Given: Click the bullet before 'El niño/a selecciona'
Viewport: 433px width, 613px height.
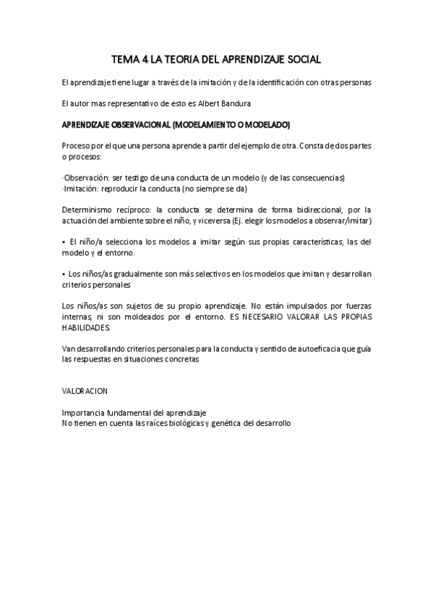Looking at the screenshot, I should [x=64, y=241].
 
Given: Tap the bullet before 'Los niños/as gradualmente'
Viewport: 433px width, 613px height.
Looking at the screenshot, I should [x=64, y=274].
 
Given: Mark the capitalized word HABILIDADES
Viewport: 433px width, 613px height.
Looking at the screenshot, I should [x=87, y=327].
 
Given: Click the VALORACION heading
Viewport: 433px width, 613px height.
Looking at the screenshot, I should [x=85, y=390].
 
